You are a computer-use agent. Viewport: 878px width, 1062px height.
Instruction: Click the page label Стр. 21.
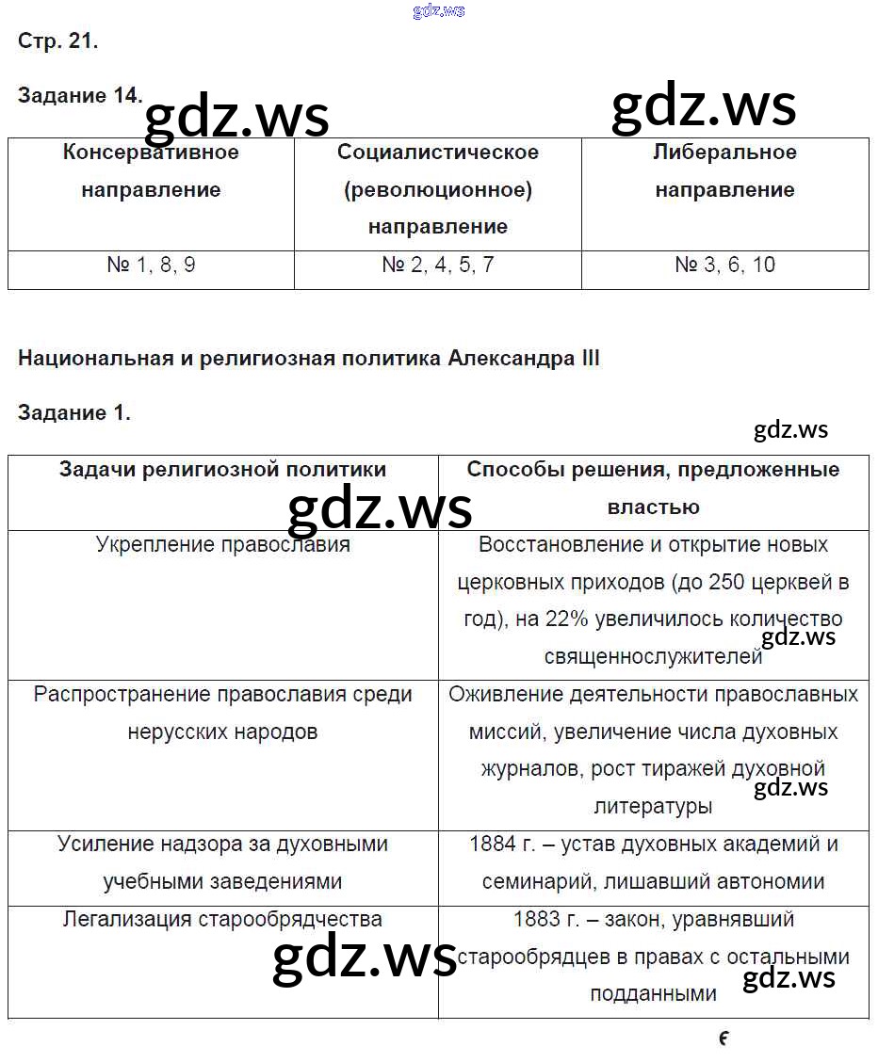coord(57,40)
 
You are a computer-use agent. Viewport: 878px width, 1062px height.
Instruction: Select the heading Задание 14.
coord(80,95)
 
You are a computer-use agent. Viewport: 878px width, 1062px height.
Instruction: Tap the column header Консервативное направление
coord(151,170)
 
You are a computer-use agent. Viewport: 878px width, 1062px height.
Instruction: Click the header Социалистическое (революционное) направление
coord(438,189)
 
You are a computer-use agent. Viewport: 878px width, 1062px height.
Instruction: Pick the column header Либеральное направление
coord(724,170)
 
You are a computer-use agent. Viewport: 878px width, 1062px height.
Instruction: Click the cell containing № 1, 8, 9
coord(151,265)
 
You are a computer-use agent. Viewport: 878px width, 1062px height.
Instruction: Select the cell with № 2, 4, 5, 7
coord(438,265)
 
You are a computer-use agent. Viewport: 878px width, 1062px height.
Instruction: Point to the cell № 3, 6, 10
coord(724,265)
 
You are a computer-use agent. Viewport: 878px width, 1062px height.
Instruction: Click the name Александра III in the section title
coord(524,359)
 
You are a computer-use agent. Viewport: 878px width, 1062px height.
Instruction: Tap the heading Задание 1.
coord(73,412)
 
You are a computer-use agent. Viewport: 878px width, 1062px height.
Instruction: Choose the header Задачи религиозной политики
coord(222,470)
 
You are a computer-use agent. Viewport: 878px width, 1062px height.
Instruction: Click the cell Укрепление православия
coord(222,545)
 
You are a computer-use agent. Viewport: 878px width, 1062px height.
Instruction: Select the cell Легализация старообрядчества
coord(222,919)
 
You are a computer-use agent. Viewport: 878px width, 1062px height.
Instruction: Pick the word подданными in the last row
coord(653,993)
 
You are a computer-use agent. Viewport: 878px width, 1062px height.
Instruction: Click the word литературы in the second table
coord(653,806)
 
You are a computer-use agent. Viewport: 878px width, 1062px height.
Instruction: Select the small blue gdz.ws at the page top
coord(439,11)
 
